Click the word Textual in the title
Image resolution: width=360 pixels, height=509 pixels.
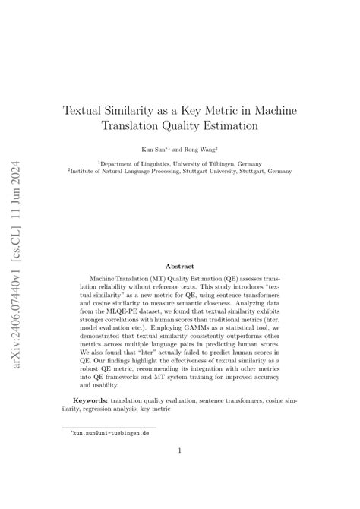click(x=84, y=111)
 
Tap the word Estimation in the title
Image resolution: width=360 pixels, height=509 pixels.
click(x=232, y=125)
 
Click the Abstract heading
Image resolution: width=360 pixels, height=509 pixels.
click(x=180, y=267)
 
